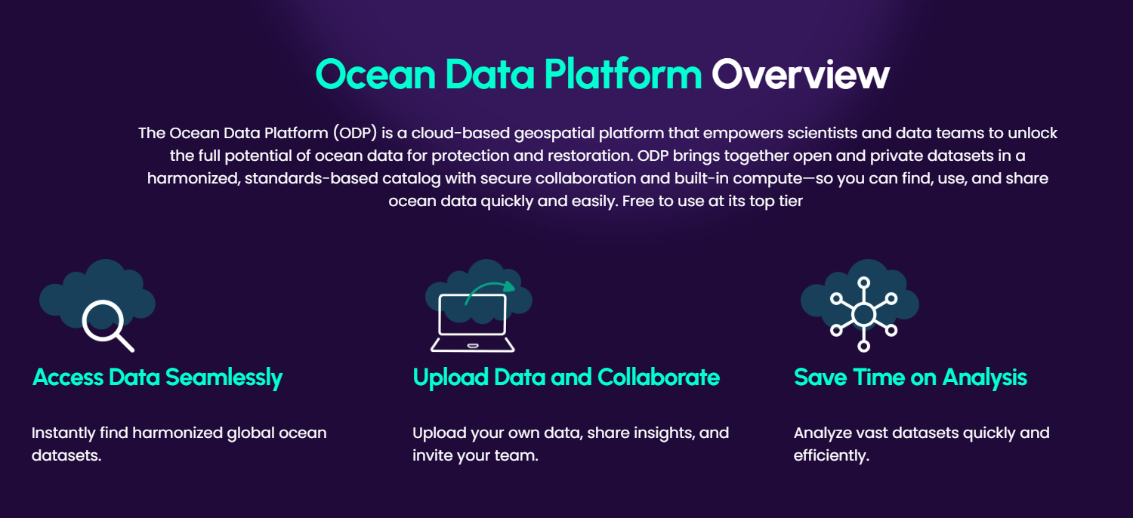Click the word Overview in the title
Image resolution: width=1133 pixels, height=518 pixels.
(x=800, y=75)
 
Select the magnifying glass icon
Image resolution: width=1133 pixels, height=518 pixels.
(x=106, y=325)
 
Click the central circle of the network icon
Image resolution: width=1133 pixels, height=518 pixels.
(x=863, y=313)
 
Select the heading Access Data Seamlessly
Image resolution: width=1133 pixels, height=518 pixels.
(x=157, y=377)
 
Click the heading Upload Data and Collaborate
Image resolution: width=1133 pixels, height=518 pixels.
(x=566, y=377)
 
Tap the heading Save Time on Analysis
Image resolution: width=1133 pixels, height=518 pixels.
(x=910, y=377)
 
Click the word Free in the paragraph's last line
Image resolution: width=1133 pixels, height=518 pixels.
(x=639, y=202)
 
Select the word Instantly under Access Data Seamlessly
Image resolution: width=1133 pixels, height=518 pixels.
(x=62, y=433)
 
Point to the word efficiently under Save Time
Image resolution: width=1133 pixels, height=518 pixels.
(x=829, y=456)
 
